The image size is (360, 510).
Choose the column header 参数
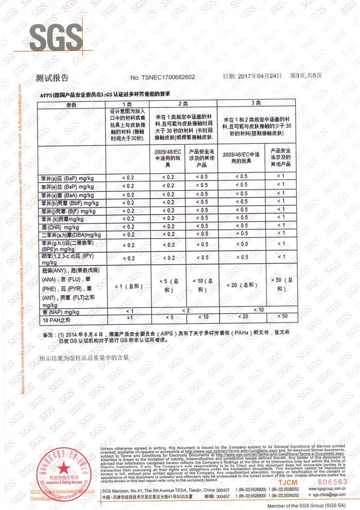[70, 104]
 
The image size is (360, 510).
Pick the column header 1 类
[128, 104]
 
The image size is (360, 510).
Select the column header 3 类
[256, 103]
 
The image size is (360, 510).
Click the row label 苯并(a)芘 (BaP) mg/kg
[67, 177]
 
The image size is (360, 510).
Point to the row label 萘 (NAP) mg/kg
[60, 312]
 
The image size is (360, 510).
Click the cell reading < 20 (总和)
[241, 285]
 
